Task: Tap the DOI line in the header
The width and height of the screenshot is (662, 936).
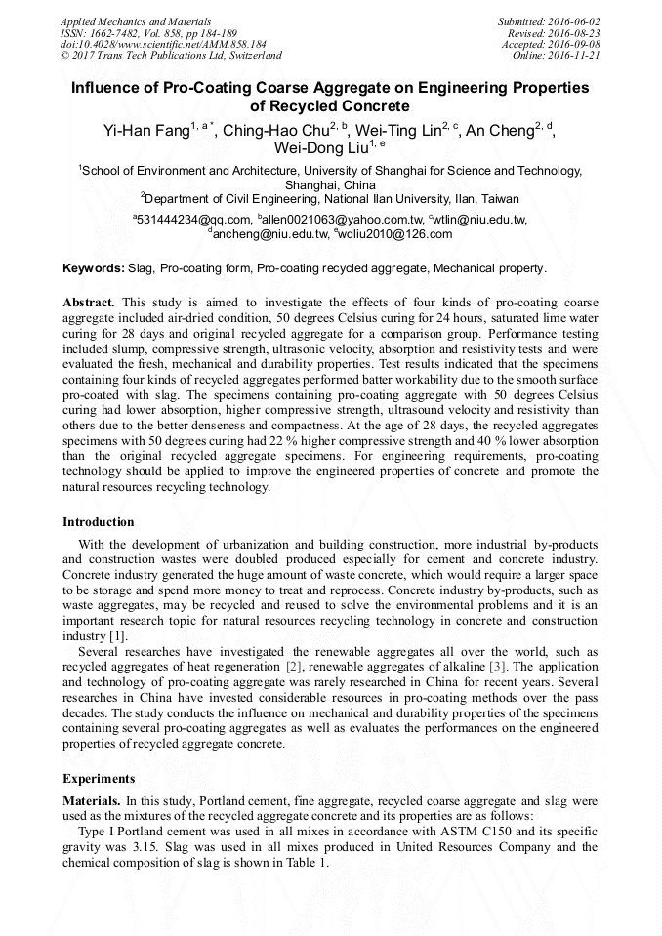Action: [163, 44]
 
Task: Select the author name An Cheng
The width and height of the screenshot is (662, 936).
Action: [499, 131]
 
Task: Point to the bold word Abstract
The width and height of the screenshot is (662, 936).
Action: [89, 303]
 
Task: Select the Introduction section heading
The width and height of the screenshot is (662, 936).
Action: [99, 522]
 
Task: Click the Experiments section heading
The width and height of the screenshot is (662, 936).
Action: [99, 779]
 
